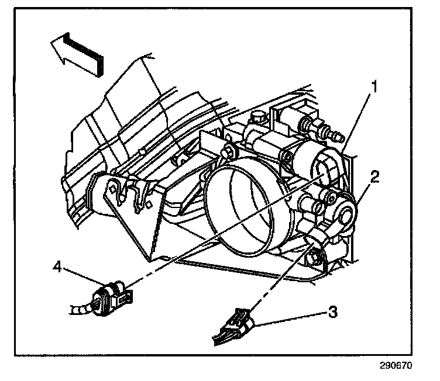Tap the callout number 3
(x=332, y=312)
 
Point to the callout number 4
(x=57, y=267)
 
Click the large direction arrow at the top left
(x=76, y=53)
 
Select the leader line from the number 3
(x=293, y=316)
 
